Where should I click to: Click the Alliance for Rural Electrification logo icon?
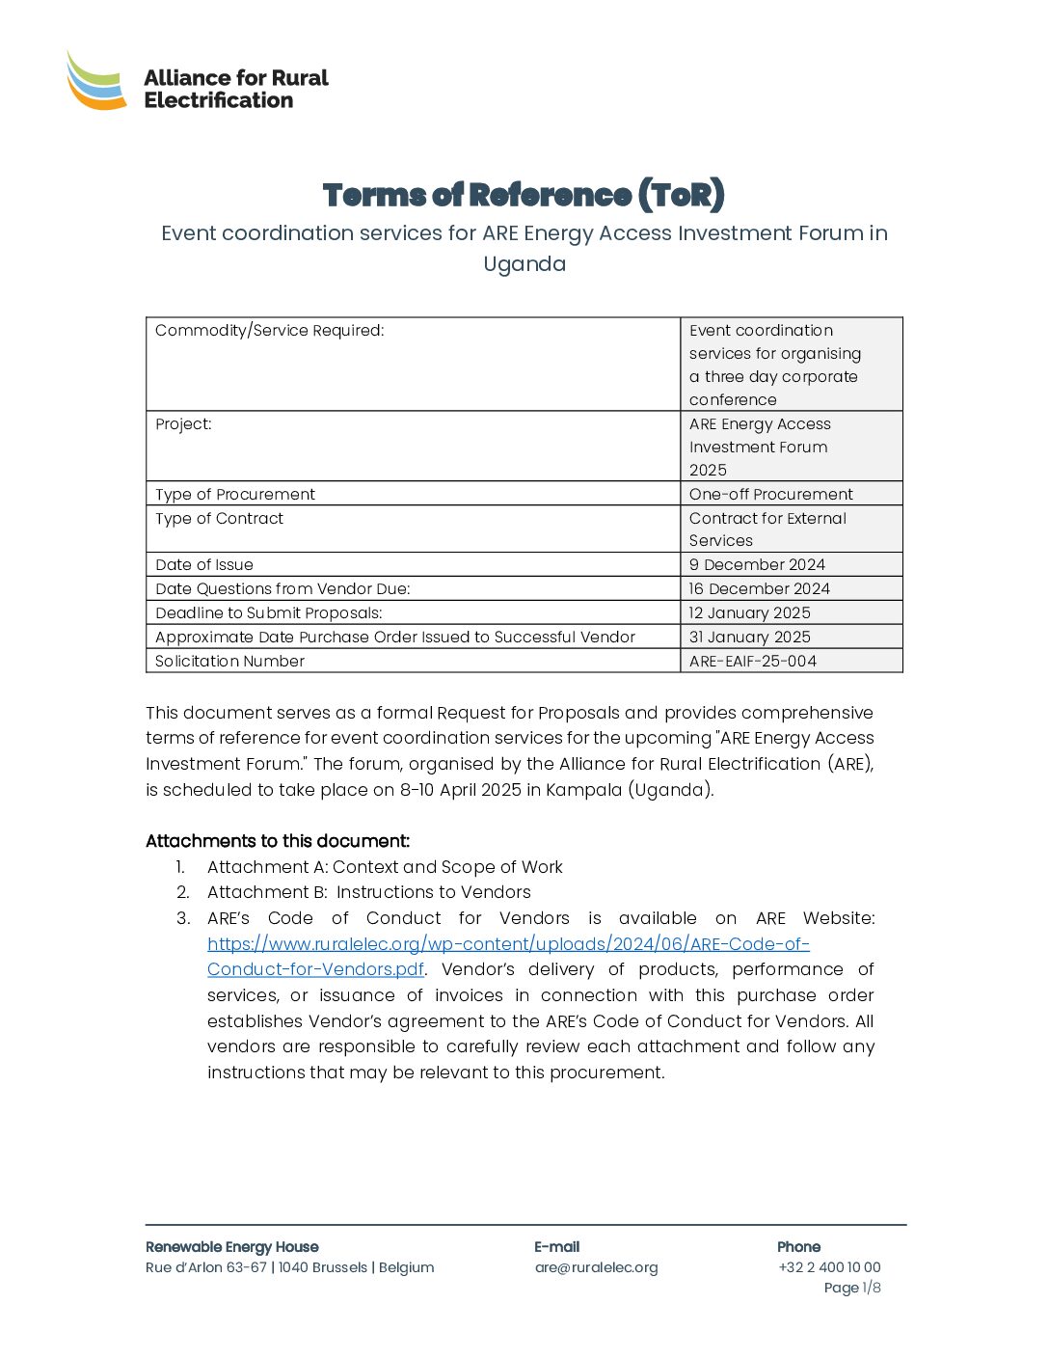[96, 81]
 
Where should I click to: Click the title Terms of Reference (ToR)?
[524, 195]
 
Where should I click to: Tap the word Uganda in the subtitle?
[524, 264]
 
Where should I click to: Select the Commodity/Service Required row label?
[270, 331]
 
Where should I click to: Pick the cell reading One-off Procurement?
[770, 494]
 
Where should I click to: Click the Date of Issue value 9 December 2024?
[757, 565]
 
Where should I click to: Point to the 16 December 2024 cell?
[759, 589]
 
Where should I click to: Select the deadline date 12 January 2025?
[749, 613]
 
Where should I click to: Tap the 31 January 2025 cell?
[749, 638]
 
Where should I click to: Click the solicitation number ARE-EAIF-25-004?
[752, 662]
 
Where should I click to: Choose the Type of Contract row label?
[220, 519]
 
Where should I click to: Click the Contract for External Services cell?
[767, 530]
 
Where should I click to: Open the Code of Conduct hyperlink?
[508, 945]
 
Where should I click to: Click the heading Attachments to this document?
[278, 841]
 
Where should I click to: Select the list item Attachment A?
[385, 867]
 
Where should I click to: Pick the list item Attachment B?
[368, 892]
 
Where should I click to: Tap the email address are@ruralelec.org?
[596, 1267]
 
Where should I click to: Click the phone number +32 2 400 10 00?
[829, 1267]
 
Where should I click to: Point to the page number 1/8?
[871, 1288]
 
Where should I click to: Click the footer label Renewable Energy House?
[231, 1247]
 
